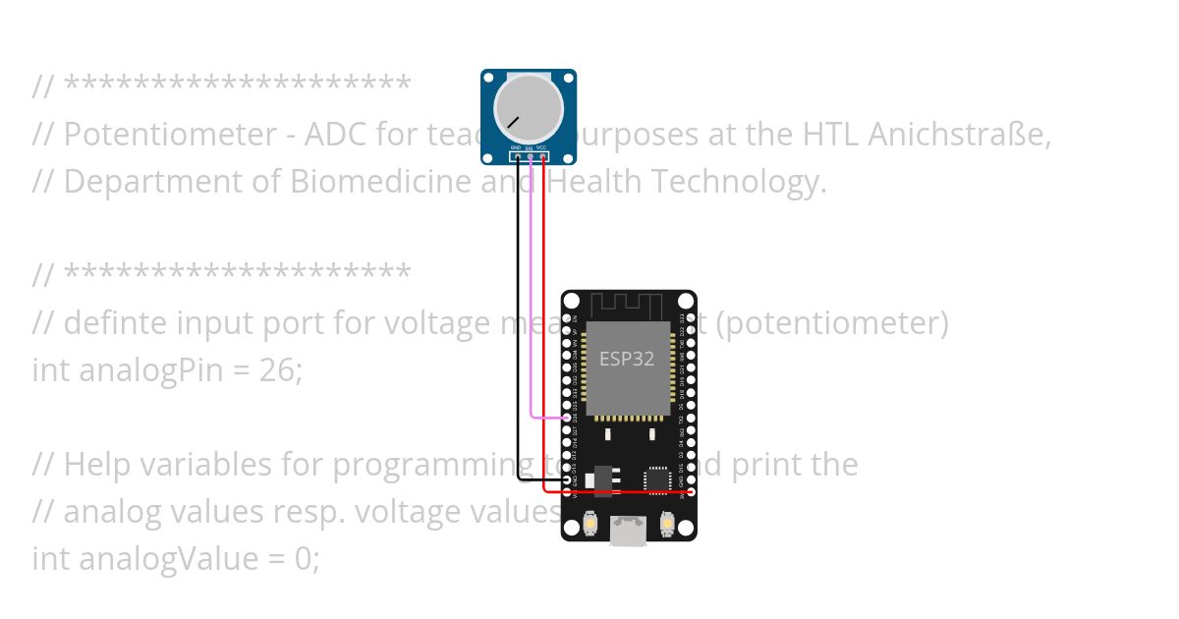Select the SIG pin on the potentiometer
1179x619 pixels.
pyautogui.click(x=530, y=156)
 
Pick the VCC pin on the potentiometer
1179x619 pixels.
pyautogui.click(x=542, y=156)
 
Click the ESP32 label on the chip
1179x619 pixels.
pyautogui.click(x=627, y=359)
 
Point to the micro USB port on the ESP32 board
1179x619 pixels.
pyautogui.click(x=629, y=531)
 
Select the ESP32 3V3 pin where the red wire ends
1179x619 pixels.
pyautogui.click(x=691, y=490)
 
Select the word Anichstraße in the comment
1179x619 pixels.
pyautogui.click(x=959, y=135)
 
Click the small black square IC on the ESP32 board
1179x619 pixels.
pyautogui.click(x=656, y=479)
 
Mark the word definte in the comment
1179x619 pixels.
pyautogui.click(x=110, y=323)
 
